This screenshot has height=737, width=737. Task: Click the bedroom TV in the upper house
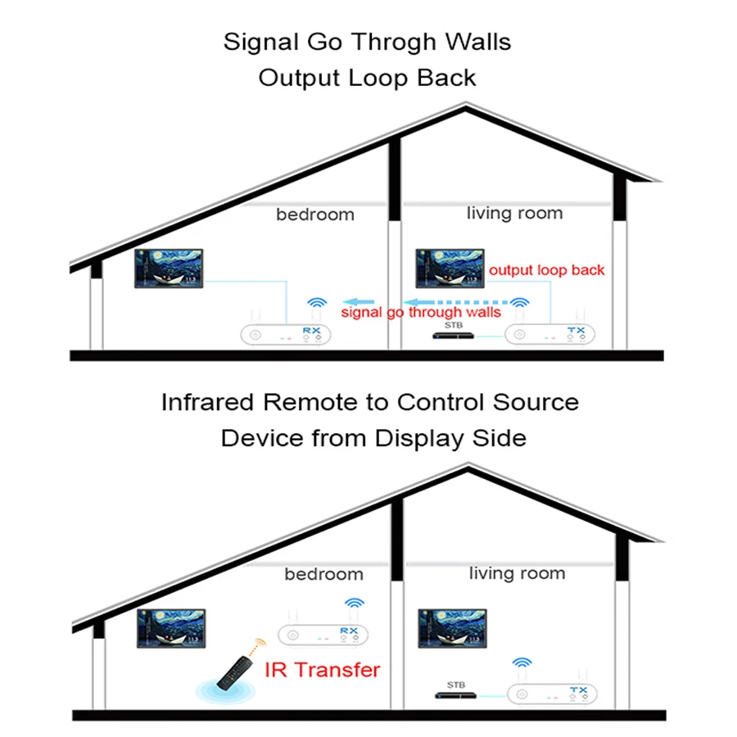169,269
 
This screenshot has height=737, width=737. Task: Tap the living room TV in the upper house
450,269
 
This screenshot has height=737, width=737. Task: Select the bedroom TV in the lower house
171,628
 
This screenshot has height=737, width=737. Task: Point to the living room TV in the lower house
452,628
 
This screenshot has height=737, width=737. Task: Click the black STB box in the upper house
453,336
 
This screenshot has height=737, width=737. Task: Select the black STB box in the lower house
455,695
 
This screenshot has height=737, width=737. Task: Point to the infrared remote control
235,673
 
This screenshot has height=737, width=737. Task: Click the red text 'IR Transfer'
323,670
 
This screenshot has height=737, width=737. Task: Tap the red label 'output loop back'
547,269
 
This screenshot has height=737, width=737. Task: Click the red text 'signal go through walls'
421,312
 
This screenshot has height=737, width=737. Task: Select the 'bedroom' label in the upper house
315,215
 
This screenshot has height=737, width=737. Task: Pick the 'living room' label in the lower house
517,573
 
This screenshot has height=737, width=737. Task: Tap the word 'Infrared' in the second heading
207,402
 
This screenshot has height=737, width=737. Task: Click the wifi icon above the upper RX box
317,303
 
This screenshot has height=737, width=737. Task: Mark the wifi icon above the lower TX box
522,662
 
